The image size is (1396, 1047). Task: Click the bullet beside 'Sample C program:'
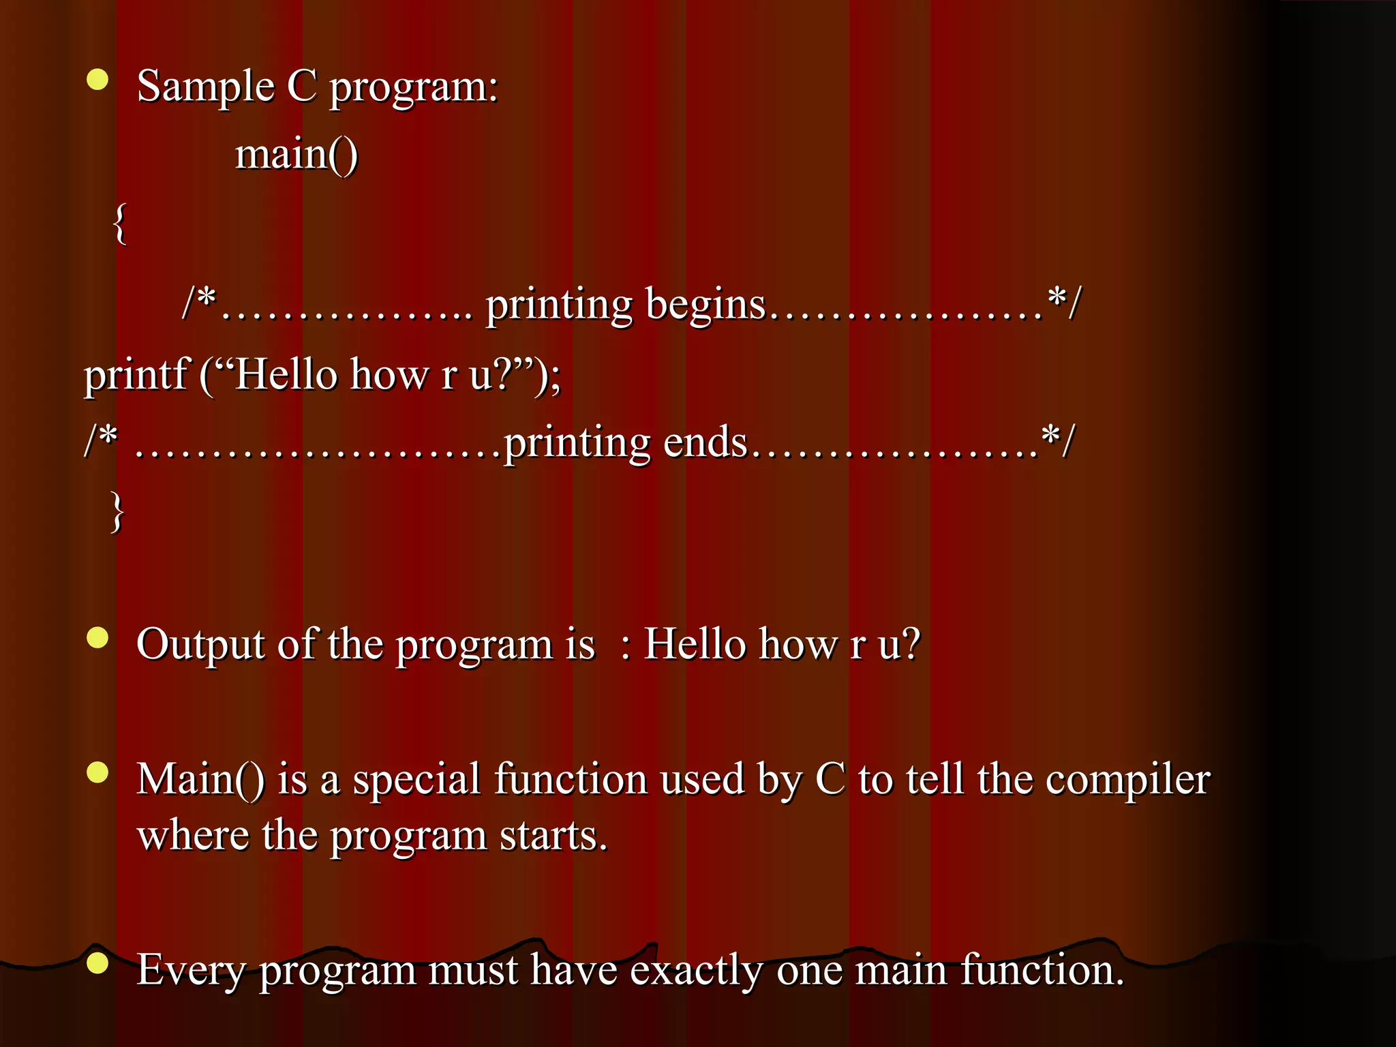click(x=98, y=80)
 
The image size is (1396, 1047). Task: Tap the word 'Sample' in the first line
click(x=205, y=87)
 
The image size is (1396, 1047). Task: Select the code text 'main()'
click(x=297, y=154)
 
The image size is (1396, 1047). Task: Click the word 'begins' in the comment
click(x=705, y=305)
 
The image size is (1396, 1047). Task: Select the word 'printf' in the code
click(x=135, y=374)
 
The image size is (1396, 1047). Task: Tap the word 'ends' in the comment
click(x=705, y=442)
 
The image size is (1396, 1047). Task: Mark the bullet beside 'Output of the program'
click(x=98, y=637)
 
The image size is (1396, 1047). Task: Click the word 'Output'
click(x=200, y=644)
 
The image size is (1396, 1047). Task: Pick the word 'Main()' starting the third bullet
click(x=200, y=779)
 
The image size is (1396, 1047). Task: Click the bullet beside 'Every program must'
click(x=98, y=962)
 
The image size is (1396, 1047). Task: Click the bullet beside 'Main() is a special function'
click(x=98, y=772)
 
